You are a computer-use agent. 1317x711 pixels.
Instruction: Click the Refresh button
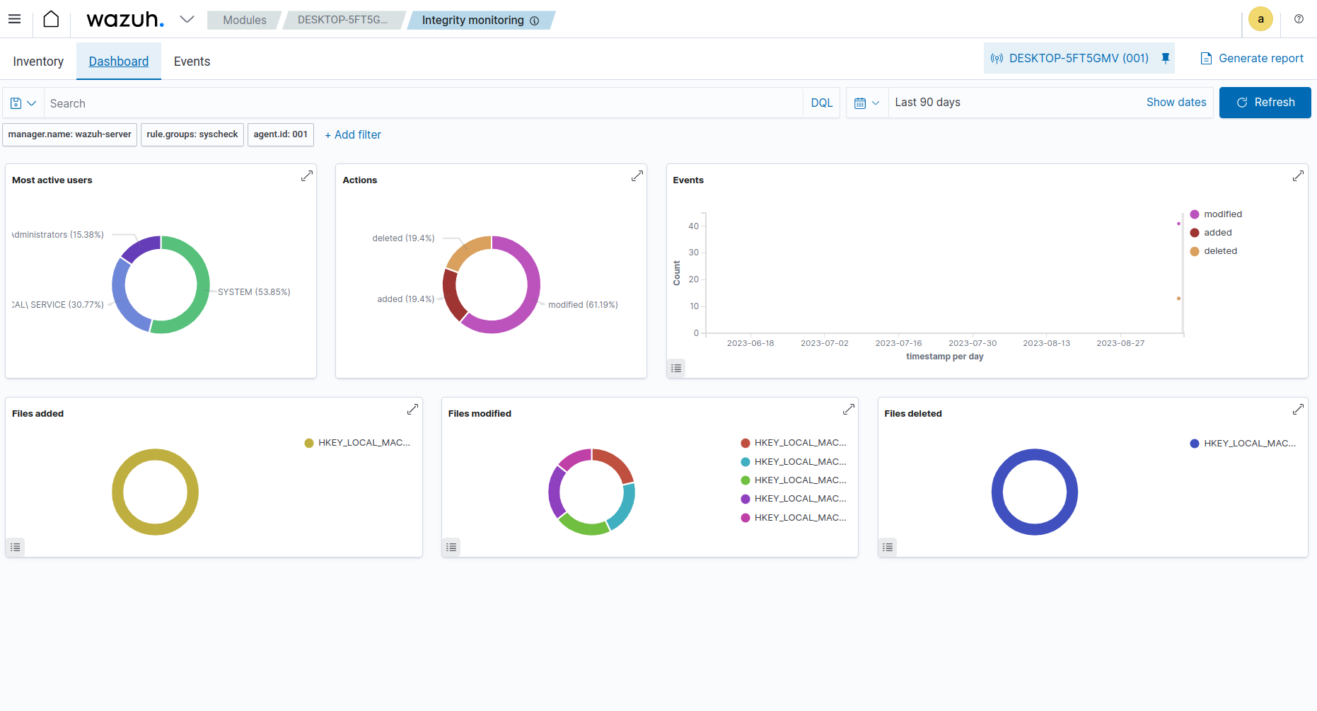pos(1265,103)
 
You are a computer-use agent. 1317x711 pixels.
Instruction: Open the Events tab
pos(192,62)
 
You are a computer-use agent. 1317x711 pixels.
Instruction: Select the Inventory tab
pos(38,62)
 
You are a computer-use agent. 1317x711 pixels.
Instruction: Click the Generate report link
pos(1252,59)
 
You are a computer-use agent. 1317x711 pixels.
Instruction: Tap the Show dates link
pos(1176,103)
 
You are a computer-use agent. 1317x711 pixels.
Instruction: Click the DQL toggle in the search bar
pos(821,103)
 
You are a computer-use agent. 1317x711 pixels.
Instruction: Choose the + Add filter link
pos(353,134)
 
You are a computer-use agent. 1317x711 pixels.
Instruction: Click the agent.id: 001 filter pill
pos(280,134)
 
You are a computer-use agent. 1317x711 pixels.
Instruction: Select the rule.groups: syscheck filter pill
pos(192,134)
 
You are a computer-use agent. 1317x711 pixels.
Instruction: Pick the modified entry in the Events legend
pos(1222,214)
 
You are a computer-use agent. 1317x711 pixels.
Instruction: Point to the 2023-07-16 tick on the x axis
pos(898,343)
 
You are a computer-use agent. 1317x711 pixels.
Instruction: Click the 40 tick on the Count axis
pos(693,226)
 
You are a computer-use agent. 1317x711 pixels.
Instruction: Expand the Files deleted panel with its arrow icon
pos(1298,410)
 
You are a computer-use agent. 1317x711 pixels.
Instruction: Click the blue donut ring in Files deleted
pos(997,492)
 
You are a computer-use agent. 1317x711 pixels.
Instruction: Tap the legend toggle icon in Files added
pos(16,547)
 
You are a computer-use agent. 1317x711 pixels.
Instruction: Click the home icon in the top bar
pos(51,19)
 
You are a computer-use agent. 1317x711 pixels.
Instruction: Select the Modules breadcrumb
pos(244,21)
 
